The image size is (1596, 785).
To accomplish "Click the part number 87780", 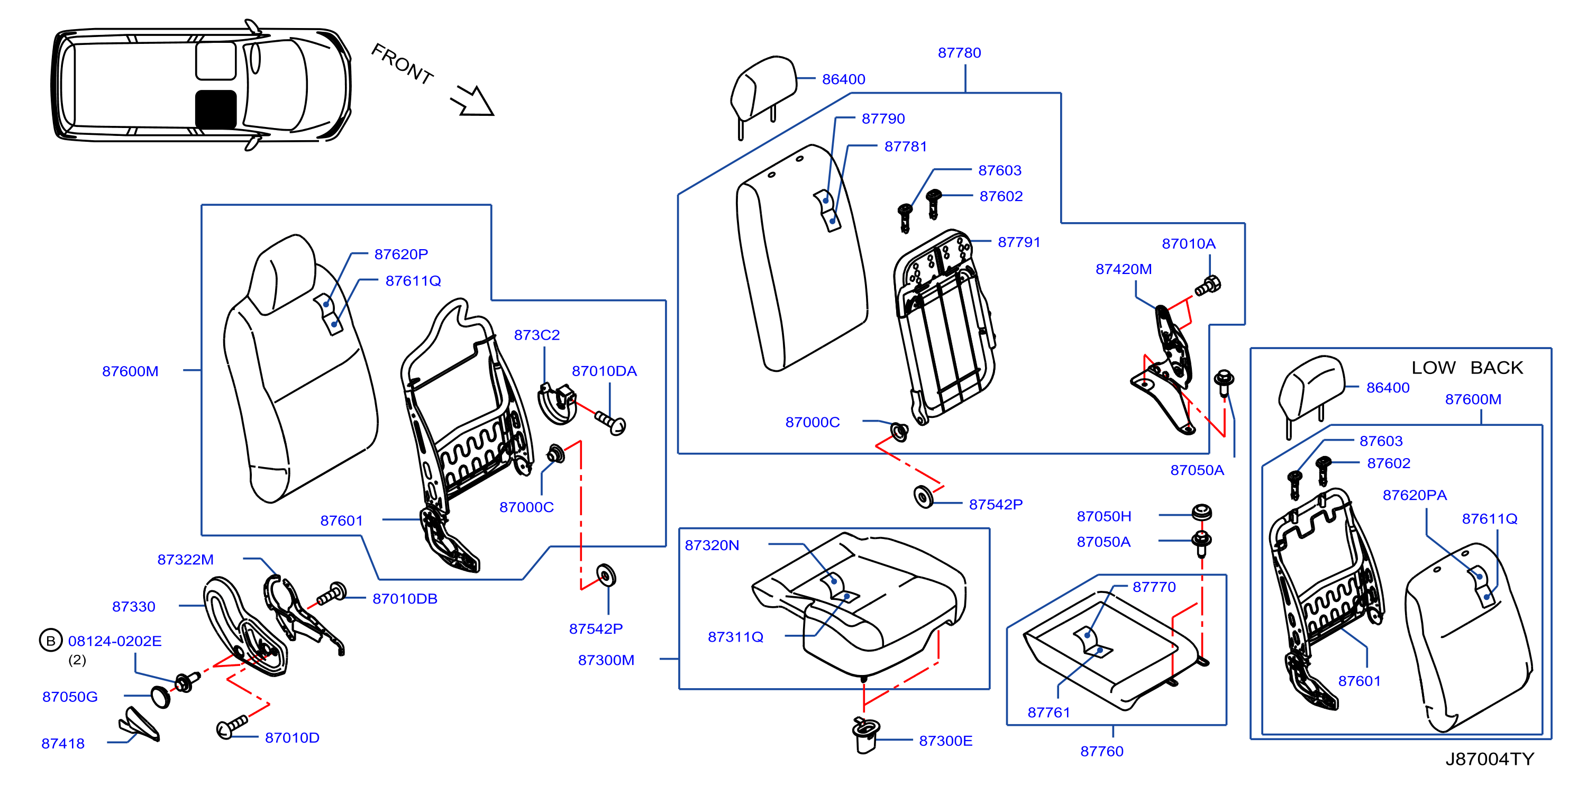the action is pos(959,53).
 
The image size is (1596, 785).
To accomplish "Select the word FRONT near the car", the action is pos(402,64).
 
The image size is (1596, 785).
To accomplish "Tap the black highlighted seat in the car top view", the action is pos(216,109).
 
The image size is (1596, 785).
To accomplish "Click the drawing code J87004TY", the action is pos(1490,759).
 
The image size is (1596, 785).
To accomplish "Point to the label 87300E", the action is pos(945,741).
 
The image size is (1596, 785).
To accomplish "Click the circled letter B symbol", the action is pos(51,641).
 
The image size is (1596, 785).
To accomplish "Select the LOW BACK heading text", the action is pos(1467,368).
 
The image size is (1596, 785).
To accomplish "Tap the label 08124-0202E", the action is pos(115,641).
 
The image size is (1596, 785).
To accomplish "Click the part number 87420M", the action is pos(1123,269).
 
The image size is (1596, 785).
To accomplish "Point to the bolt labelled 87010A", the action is pos(1208,286).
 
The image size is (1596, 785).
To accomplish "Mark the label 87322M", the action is pos(185,560).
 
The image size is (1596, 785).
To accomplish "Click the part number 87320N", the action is pos(712,545).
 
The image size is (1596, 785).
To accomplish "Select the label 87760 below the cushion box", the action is pos(1101,751).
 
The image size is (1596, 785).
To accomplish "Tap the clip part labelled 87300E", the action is pos(865,735).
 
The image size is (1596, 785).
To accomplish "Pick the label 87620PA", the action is pos(1415,495).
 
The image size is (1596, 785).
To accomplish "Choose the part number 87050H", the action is pos(1103,516).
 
